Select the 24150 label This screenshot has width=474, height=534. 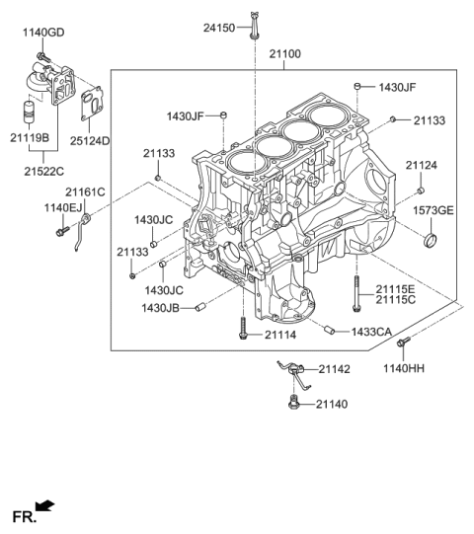219,29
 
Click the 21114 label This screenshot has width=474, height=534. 280,335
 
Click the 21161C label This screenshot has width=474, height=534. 85,191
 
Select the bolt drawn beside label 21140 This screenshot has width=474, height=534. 293,401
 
